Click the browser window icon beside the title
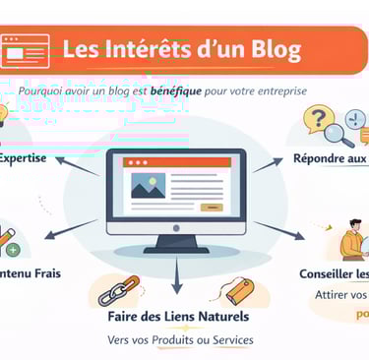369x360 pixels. [26, 47]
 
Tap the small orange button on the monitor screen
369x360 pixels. [211, 208]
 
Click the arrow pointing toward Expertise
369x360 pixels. [80, 165]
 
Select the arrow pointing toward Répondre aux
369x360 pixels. [272, 164]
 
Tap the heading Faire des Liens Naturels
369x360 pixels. [178, 317]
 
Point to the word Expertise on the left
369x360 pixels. [22, 157]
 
